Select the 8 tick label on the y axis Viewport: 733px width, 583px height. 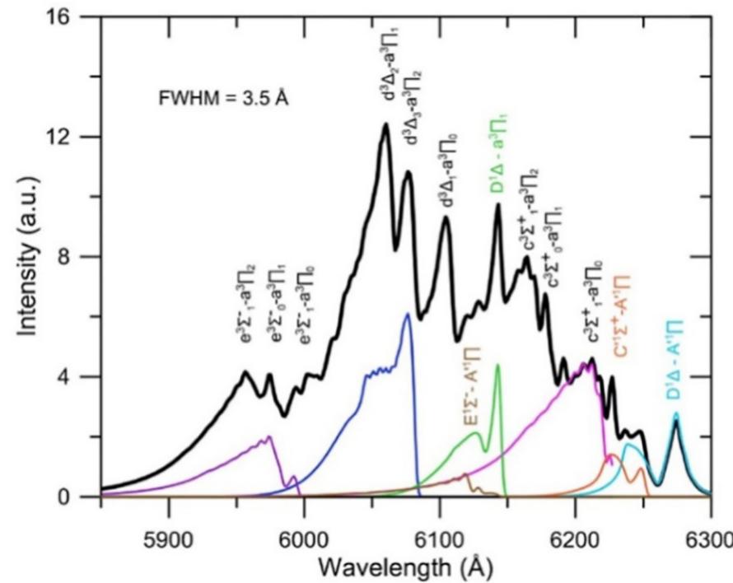point(84,257)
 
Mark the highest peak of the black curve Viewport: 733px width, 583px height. point(385,124)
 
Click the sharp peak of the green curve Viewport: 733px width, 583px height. point(497,366)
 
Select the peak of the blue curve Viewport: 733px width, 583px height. point(407,314)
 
